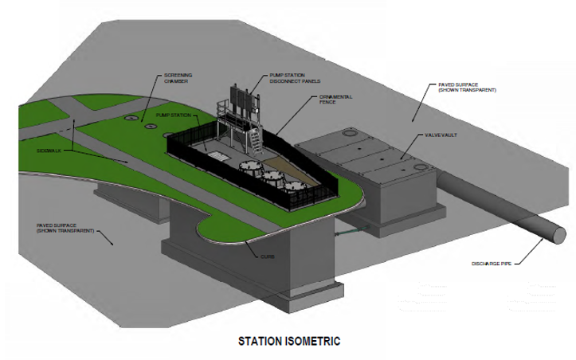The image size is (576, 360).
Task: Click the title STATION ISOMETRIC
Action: coord(289,341)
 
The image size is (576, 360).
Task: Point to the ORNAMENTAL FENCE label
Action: coord(335,100)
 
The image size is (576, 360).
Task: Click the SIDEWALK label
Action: coord(49,149)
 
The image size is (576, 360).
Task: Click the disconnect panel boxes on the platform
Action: coord(243,100)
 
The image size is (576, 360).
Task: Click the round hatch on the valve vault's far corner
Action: coord(350,136)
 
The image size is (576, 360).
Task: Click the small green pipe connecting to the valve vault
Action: coord(347,233)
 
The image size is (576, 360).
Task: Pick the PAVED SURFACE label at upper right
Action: coord(467,86)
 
